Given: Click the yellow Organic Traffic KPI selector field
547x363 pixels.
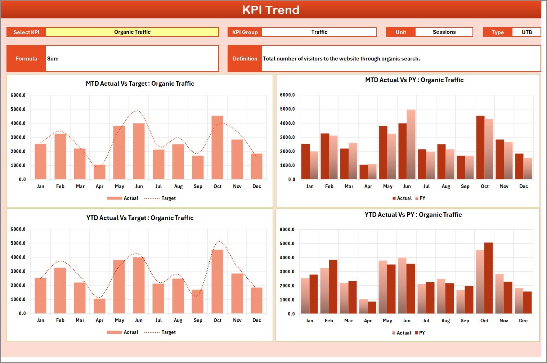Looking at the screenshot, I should (x=132, y=32).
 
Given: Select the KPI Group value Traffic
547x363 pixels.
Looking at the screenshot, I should (x=319, y=32).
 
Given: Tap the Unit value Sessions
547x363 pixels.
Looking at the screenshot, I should (x=444, y=32).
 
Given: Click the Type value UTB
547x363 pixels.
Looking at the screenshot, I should (x=526, y=32).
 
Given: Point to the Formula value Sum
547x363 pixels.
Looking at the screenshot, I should (x=53, y=59).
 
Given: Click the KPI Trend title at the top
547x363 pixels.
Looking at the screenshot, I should (x=270, y=10).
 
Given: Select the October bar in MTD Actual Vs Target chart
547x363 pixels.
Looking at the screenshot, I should (x=217, y=148).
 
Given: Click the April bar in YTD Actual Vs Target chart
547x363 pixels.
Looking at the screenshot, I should (x=99, y=306).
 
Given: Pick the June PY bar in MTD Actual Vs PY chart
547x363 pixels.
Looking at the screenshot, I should (x=411, y=144).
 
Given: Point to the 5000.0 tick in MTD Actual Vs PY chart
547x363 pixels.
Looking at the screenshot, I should (x=287, y=109).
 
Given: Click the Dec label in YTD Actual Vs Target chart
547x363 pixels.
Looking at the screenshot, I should (x=256, y=321).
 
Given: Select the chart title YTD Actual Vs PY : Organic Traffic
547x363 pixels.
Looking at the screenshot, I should (x=413, y=215).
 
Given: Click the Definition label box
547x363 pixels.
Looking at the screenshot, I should (x=245, y=59).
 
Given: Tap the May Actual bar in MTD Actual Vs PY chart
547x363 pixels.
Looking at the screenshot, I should (x=383, y=153).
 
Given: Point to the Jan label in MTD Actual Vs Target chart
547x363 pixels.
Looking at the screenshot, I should (x=40, y=187).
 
